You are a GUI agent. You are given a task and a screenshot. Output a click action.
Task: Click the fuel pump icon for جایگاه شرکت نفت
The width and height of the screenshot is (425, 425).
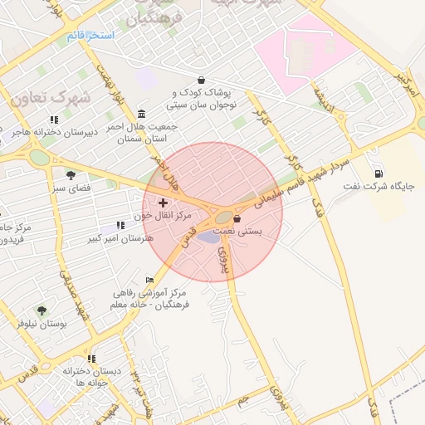point(379,173)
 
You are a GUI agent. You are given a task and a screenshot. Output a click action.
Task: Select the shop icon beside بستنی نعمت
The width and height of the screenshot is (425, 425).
point(237,219)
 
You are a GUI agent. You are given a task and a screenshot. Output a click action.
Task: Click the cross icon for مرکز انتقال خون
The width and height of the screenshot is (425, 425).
point(162,203)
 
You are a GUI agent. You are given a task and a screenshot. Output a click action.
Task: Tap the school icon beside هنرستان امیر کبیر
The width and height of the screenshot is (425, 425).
point(121,224)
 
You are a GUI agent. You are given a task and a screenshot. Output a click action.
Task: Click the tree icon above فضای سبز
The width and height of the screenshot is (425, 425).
point(71,175)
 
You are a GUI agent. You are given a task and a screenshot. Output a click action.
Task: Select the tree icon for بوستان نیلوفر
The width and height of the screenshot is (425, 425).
point(42,310)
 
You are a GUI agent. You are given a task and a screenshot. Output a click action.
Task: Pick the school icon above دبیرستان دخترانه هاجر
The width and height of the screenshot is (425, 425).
point(55,120)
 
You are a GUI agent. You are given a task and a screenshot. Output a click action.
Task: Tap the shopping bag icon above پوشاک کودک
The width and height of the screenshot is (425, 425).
point(202,80)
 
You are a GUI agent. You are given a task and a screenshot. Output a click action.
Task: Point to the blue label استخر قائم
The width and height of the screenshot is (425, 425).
point(90,37)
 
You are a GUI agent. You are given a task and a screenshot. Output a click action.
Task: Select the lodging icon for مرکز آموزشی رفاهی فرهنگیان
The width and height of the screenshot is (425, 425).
point(149,281)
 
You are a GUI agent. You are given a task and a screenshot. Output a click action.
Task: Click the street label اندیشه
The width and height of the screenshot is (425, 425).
point(321,98)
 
